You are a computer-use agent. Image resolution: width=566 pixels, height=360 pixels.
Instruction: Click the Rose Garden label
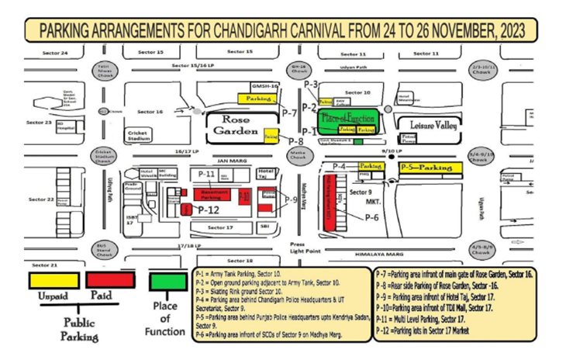tap(235, 126)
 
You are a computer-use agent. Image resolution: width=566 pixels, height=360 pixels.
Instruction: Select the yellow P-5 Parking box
tap(430, 167)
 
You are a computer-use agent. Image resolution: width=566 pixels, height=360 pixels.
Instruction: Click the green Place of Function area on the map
tap(349, 118)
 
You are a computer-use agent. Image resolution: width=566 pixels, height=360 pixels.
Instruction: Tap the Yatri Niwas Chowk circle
tap(102, 68)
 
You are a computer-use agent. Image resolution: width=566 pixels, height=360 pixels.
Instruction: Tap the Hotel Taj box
tap(267, 173)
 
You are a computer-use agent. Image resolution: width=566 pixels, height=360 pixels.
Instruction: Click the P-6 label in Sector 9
tap(373, 218)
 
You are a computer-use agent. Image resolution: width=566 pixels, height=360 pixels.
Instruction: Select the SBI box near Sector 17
tap(265, 227)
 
